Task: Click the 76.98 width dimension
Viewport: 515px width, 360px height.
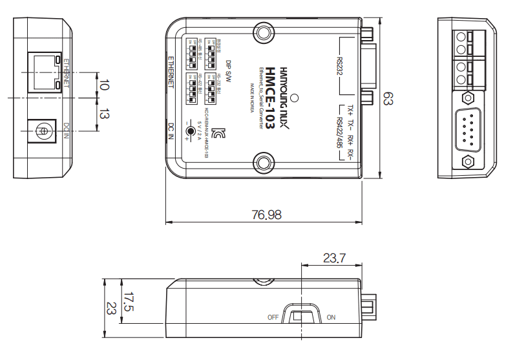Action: click(x=266, y=215)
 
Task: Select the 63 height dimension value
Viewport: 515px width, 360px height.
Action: click(x=388, y=98)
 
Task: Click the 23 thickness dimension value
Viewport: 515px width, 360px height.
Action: click(x=111, y=308)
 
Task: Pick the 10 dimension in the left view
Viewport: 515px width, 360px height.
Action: click(x=105, y=85)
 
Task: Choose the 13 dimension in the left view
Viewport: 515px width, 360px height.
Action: click(x=105, y=114)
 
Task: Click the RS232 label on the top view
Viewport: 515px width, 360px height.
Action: click(x=340, y=65)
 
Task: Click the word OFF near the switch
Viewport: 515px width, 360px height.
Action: click(x=273, y=317)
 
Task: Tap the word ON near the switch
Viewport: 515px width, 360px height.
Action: click(x=331, y=317)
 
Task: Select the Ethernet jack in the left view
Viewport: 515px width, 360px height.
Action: click(x=43, y=72)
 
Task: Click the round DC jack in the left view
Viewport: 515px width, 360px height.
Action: click(x=43, y=132)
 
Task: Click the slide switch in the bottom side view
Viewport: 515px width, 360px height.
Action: click(x=302, y=317)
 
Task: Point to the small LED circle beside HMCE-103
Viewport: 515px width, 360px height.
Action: click(x=295, y=98)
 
